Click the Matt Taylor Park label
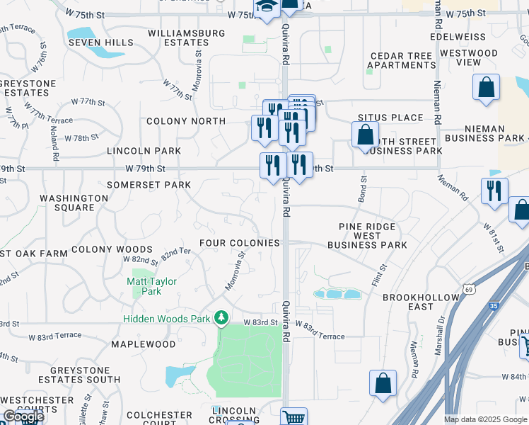click(151, 286)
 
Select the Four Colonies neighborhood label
click(240, 243)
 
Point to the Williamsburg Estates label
click(187, 38)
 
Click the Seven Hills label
click(101, 42)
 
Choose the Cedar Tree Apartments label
click(402, 61)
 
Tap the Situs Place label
click(390, 118)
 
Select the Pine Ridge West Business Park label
click(367, 236)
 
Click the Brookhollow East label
click(417, 302)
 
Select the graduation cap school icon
click(267, 8)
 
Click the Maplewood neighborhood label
click(144, 344)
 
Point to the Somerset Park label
click(149, 185)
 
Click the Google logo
click(23, 417)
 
